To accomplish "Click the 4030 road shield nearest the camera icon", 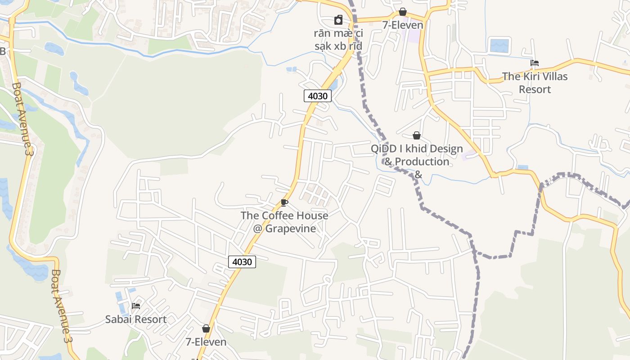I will click(317, 96).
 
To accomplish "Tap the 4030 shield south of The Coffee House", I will click(242, 261).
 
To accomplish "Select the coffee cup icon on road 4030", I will click(284, 202).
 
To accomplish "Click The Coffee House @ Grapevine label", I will click(284, 222).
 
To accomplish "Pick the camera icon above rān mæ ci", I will click(338, 20).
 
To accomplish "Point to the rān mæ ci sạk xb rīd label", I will click(338, 40).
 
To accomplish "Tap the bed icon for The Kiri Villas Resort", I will click(535, 63).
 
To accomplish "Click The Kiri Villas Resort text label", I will click(535, 83).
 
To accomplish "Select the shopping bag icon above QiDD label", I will click(417, 135).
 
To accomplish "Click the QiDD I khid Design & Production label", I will click(417, 155).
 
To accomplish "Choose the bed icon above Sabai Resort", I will click(136, 306).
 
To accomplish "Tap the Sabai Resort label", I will click(136, 319).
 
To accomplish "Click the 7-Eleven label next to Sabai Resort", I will click(206, 342).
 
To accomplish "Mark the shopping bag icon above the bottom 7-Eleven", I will click(206, 329).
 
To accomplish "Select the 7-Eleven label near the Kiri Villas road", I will click(403, 25).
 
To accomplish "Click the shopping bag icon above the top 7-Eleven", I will click(403, 12).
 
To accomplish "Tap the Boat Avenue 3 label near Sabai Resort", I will click(62, 306).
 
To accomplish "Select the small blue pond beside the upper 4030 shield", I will click(333, 84).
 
